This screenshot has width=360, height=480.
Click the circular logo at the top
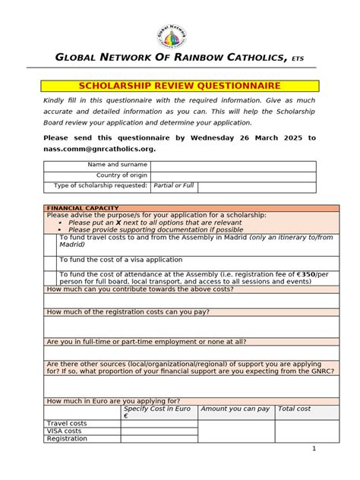coord(172,34)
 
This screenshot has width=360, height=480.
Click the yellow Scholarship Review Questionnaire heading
coord(180,86)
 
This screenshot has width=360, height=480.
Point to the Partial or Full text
coord(174,187)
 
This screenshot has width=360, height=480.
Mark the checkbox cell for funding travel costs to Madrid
coord(51,242)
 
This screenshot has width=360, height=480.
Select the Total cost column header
coord(294,409)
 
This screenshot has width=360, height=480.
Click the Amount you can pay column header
coord(235,409)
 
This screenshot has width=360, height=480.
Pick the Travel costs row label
coord(67,423)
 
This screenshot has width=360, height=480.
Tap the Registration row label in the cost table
coord(67,439)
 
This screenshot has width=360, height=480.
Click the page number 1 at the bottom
coord(313,449)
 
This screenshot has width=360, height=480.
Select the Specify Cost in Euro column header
coord(157,412)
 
